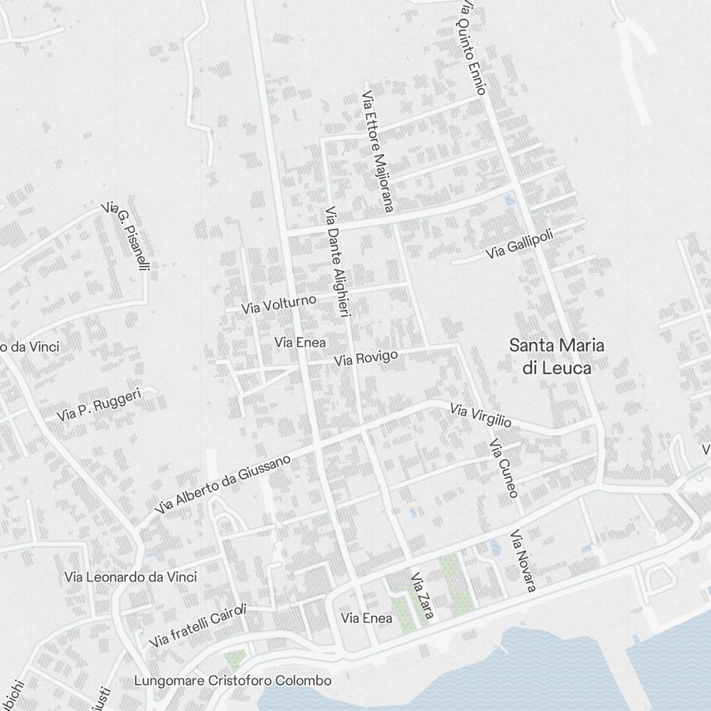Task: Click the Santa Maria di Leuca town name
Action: point(557,356)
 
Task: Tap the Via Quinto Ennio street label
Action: point(472,47)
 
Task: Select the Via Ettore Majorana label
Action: point(378,151)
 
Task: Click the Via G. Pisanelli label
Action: point(127,236)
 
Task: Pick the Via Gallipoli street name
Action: point(519,244)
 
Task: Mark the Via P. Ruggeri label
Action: point(100,404)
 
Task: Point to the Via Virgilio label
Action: point(481,415)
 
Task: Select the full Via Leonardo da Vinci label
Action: point(130,577)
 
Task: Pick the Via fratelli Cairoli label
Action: point(198,626)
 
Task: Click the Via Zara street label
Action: point(422,595)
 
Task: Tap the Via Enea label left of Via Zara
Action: point(366,619)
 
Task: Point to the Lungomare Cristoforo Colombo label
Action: point(232,680)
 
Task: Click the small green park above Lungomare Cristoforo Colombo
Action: point(235,658)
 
